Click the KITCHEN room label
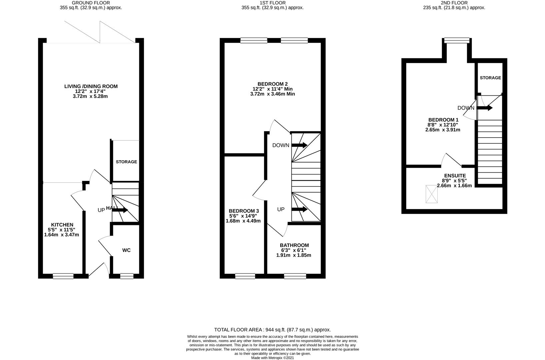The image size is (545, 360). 62,225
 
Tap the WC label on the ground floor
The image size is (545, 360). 127,250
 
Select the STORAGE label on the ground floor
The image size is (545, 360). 126,162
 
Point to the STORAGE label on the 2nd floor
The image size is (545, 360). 490,78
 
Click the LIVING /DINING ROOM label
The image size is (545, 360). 91,86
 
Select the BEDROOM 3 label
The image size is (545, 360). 244,211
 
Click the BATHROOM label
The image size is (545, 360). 294,245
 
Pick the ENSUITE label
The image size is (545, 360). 455,176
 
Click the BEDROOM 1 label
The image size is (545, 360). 443,120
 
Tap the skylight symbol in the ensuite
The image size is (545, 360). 432,194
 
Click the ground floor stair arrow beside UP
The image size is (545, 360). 120,210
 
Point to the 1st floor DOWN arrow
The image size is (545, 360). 300,145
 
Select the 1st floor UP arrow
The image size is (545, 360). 300,209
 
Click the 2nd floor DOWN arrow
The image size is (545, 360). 485,108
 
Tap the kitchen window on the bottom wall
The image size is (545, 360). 63,276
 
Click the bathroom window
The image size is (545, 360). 295,276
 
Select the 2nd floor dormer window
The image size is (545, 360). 457,40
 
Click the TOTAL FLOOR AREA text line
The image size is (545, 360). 273,330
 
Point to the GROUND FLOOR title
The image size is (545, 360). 91,3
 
